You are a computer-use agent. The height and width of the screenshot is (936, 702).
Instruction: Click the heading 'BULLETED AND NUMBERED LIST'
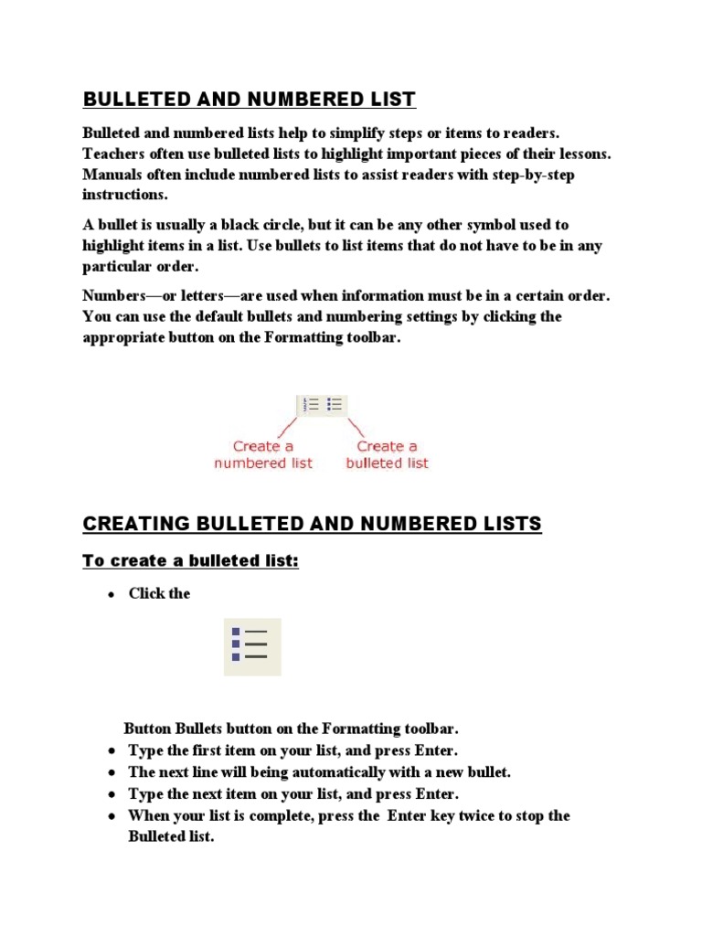pyautogui.click(x=249, y=99)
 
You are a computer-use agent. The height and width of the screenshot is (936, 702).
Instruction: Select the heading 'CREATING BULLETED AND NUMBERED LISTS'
pyautogui.click(x=312, y=524)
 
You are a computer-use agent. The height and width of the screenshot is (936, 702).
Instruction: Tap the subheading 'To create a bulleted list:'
pyautogui.click(x=191, y=560)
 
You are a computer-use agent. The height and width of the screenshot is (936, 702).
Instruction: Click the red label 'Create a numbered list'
pyautogui.click(x=263, y=454)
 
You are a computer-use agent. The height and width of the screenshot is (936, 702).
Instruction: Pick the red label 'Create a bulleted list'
pyautogui.click(x=387, y=454)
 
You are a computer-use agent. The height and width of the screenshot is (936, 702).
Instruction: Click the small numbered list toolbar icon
pyautogui.click(x=312, y=405)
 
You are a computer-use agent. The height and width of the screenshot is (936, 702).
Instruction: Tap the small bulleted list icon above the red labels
pyautogui.click(x=335, y=405)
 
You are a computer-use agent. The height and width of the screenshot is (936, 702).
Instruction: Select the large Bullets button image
pyautogui.click(x=252, y=646)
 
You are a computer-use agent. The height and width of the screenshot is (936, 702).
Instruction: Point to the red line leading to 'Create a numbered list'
pyautogui.click(x=285, y=427)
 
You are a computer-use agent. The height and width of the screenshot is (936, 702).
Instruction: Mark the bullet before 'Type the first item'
pyautogui.click(x=111, y=751)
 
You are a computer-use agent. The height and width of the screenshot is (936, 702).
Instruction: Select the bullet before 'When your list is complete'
pyautogui.click(x=111, y=816)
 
